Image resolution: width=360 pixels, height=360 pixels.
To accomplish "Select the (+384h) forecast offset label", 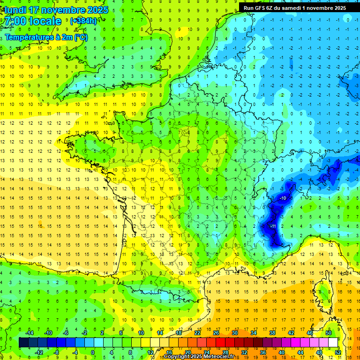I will click(x=83, y=21).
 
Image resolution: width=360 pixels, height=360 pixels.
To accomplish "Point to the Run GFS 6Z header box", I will click(x=295, y=7).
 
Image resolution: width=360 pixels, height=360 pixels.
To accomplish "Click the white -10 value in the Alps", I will click(x=283, y=198).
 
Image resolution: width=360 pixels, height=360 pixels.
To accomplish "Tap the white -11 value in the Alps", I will click(x=273, y=226).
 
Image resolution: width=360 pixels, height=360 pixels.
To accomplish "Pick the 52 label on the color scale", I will click(x=337, y=352).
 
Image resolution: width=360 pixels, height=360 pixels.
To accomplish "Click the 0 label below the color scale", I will click(x=93, y=352).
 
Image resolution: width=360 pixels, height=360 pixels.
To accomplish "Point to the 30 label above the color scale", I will click(x=234, y=333).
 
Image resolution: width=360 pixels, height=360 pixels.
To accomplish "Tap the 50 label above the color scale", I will click(x=329, y=333).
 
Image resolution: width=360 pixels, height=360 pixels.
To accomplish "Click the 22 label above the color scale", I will click(x=197, y=333).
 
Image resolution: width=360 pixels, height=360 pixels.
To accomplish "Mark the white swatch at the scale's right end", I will click(x=333, y=343).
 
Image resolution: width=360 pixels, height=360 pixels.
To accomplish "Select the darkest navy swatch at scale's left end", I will click(x=23, y=343).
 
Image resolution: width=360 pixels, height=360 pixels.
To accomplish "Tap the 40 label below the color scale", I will click(x=282, y=352).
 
